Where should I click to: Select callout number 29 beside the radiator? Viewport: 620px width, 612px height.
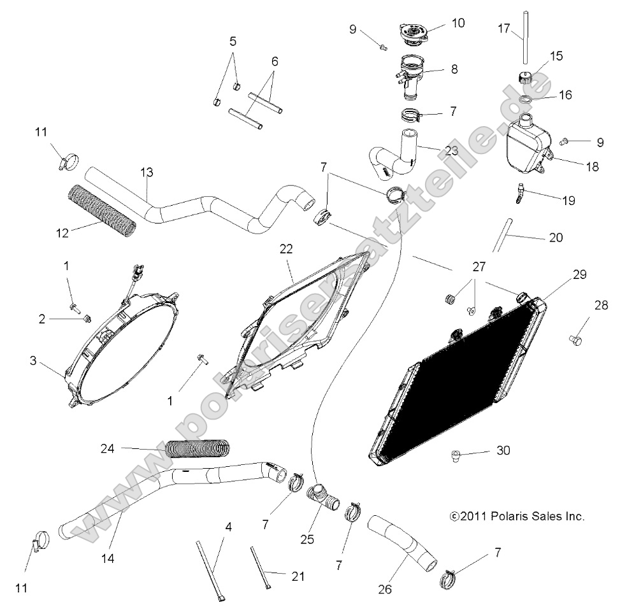pos(561,274)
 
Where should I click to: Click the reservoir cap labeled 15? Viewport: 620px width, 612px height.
pos(526,81)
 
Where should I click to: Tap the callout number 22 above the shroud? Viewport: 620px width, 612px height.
pos(286,249)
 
